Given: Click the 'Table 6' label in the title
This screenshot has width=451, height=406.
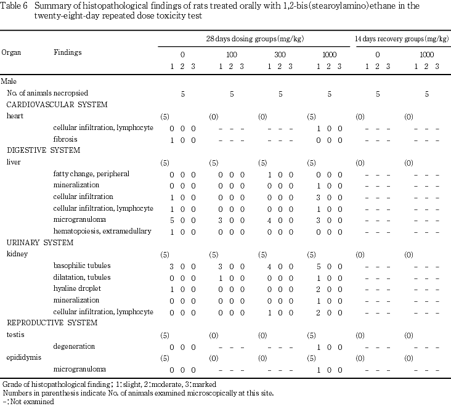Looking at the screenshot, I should pyautogui.click(x=15, y=6).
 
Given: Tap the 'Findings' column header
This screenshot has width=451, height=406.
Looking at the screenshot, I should pyautogui.click(x=67, y=53).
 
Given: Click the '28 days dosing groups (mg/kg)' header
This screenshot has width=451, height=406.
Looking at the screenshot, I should pyautogui.click(x=250, y=39).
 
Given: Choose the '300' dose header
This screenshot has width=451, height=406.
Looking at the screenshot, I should pyautogui.click(x=280, y=55).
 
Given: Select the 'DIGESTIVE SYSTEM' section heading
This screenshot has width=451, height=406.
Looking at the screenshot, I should pyautogui.click(x=44, y=150).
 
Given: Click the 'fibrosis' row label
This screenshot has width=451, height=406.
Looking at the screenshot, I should pyautogui.click(x=65, y=139).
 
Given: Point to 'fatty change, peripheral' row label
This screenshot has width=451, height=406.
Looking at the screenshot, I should pyautogui.click(x=91, y=174).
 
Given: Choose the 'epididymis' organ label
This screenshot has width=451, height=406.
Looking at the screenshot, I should pyautogui.click(x=20, y=357).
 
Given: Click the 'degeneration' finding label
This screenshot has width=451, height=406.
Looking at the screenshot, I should pyautogui.click(x=73, y=346).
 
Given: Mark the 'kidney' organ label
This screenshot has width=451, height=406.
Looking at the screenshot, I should pyautogui.click(x=17, y=254).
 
